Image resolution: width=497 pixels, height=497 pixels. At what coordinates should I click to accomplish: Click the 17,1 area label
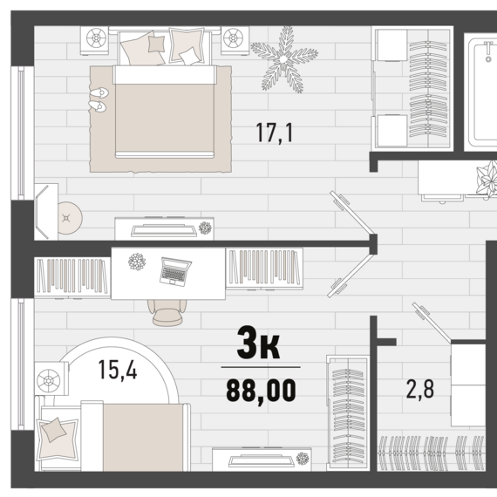pos(275,133)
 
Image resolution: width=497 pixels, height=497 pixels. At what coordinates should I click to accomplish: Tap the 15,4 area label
pos(118,370)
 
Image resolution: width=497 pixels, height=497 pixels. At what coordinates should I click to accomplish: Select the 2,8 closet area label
pos(420,389)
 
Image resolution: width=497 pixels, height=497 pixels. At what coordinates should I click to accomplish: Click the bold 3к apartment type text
pos(259,344)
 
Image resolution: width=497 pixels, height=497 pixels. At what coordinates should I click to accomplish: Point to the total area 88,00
pos(261,391)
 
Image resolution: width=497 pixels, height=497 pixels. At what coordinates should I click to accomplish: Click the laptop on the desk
pos(175,272)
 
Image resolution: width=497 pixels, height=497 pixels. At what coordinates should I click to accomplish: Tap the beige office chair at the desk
pos(167,312)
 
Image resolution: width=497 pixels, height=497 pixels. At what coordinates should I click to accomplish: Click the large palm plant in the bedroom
pos(284,59)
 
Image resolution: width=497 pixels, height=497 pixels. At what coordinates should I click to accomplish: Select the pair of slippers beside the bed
pos(99,99)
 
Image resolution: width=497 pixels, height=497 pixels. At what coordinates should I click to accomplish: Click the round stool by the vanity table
pos(70,218)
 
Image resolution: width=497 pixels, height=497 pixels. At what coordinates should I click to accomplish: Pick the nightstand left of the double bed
pos(94,41)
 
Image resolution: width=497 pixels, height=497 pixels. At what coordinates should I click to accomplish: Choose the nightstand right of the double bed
pos(235,41)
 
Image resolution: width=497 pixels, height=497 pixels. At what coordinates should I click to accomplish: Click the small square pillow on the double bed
pos(157,44)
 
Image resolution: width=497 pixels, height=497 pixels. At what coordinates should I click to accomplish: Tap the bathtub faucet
pos(488,51)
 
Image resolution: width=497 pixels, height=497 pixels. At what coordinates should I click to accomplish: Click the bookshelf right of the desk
pos(264,269)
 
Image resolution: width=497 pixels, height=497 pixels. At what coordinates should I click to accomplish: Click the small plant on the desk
pos(137,262)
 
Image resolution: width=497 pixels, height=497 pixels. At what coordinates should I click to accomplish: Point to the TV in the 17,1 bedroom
pos(164,230)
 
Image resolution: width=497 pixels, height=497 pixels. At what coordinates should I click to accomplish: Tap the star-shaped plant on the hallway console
pos(487,179)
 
